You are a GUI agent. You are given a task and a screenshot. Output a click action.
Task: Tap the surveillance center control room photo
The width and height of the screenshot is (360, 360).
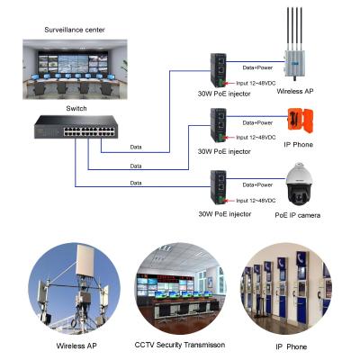(x=75, y=68)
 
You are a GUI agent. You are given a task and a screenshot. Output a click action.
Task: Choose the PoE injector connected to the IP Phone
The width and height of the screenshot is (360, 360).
(x=219, y=122)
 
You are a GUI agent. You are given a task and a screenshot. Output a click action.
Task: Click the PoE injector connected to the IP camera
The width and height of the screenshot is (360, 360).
(x=219, y=184)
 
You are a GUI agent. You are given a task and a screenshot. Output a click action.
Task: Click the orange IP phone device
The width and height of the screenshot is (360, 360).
(x=298, y=122)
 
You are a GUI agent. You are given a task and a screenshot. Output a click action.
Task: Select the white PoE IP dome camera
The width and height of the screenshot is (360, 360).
(x=298, y=184)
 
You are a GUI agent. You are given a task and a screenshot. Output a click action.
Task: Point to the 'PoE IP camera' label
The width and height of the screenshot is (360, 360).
(x=298, y=216)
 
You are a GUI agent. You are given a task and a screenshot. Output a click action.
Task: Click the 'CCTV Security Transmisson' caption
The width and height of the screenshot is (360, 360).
(x=180, y=344)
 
